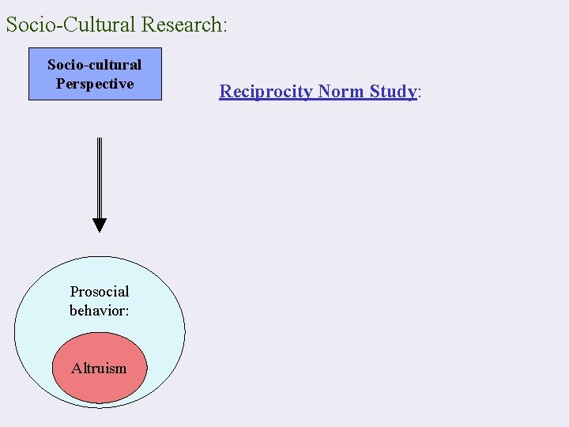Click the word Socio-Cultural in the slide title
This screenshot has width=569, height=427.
pyautogui.click(x=72, y=25)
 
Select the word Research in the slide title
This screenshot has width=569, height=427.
pyautogui.click(x=181, y=25)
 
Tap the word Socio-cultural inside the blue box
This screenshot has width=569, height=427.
pyautogui.click(x=94, y=65)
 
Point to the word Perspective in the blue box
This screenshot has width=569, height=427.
pyautogui.click(x=95, y=84)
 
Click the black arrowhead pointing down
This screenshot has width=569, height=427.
pyautogui.click(x=99, y=225)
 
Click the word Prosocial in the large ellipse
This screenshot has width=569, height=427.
pyautogui.click(x=100, y=292)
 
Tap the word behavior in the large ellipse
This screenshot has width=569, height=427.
pyautogui.click(x=97, y=311)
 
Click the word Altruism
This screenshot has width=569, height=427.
pyautogui.click(x=99, y=368)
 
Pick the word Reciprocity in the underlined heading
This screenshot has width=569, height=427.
pyautogui.click(x=266, y=92)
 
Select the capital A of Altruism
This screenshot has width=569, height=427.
pyautogui.click(x=76, y=368)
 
